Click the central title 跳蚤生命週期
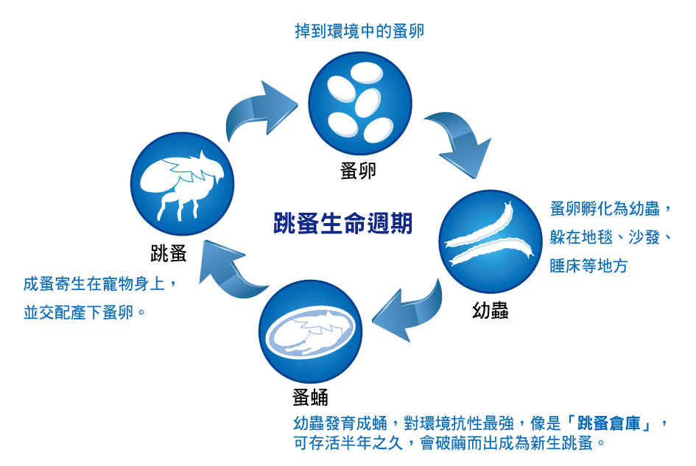pos(342,222)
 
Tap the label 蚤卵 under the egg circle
pos(358,170)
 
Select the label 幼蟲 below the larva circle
pos(490,310)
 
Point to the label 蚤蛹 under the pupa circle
pos(310,398)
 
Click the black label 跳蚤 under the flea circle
pos(168,253)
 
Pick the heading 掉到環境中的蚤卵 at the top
pos(359,31)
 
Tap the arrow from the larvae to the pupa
pos(410,311)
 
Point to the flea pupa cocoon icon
pos(310,333)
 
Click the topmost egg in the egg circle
pos(366,72)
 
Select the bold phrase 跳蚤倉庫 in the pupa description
pos(609,423)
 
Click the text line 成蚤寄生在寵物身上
pos(94,283)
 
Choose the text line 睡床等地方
pos(588,266)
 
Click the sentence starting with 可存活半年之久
pos(449,443)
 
